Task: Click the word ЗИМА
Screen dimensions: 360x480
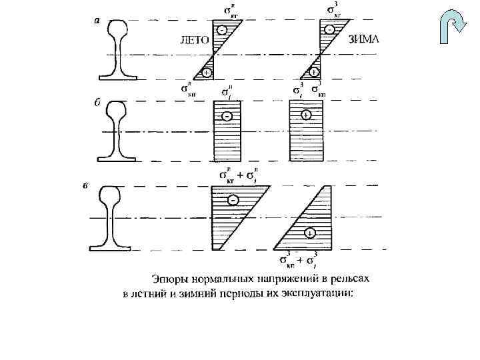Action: click(x=364, y=38)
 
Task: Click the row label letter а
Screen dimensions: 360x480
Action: click(x=97, y=20)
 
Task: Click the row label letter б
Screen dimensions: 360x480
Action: click(x=97, y=103)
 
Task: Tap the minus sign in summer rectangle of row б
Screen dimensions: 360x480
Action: click(x=228, y=116)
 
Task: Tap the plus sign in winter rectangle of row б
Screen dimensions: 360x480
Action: click(x=305, y=115)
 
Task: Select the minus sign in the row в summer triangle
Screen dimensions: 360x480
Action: click(x=233, y=200)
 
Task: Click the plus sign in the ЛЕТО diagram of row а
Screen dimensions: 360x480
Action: click(x=207, y=73)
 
